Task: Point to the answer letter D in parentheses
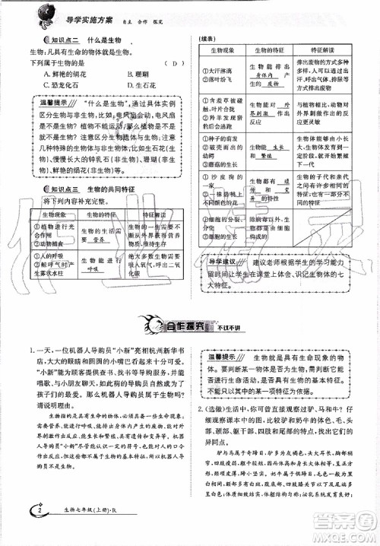175,64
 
